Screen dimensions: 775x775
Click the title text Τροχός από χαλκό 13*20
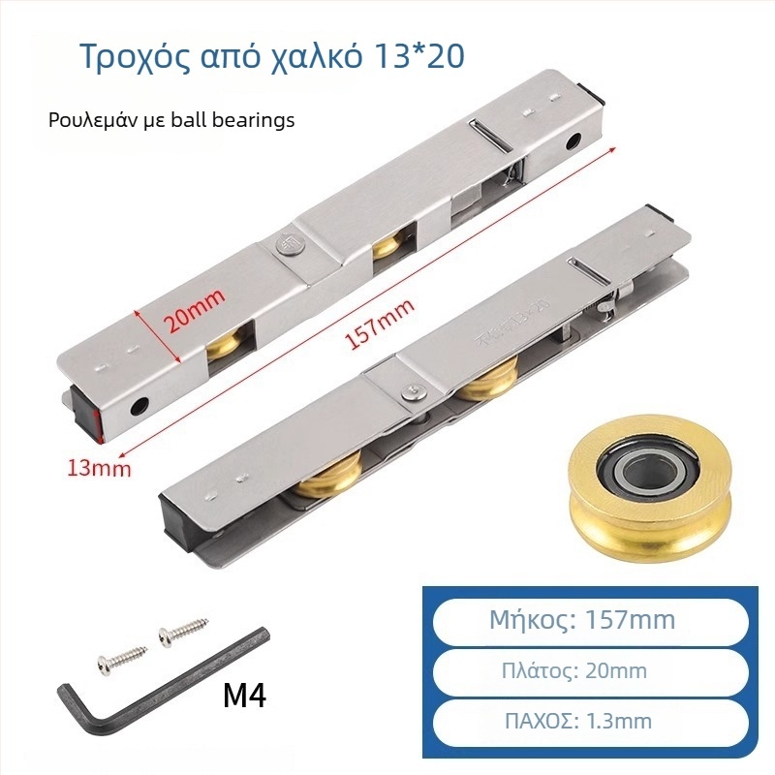coord(272,57)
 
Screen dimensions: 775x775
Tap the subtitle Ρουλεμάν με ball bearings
coord(171,120)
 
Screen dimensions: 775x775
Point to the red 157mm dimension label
coord(379,325)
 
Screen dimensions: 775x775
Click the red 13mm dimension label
coord(100,467)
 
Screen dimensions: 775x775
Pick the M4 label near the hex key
coord(245,696)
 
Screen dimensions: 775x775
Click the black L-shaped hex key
coord(163,682)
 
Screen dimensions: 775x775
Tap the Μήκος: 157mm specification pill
coord(590,620)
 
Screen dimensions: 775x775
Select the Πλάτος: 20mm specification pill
coord(590,671)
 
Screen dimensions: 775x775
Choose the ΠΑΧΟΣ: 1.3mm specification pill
coord(590,722)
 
